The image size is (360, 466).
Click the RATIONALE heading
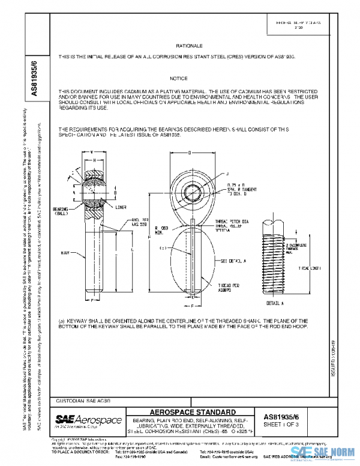(190, 46)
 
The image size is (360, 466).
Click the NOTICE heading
(179, 79)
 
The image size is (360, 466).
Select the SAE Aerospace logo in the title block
(88, 420)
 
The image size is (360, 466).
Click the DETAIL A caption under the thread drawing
(274, 297)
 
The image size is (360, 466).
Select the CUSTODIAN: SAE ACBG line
(83, 399)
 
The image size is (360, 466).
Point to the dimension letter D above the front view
(190, 153)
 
